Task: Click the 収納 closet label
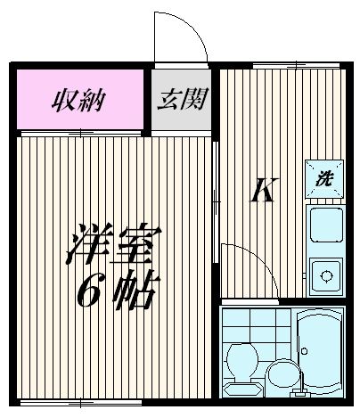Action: click(78, 98)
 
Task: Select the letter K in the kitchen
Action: click(259, 190)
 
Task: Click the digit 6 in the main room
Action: click(90, 287)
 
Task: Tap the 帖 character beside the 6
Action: click(139, 287)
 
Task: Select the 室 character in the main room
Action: click(139, 241)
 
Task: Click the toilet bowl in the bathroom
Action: click(241, 360)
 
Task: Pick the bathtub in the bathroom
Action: click(318, 355)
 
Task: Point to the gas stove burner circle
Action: click(324, 274)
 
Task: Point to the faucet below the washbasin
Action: click(282, 391)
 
